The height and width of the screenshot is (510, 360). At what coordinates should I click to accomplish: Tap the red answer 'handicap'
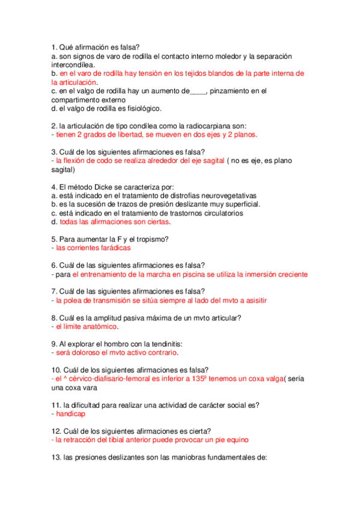pos(71,414)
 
